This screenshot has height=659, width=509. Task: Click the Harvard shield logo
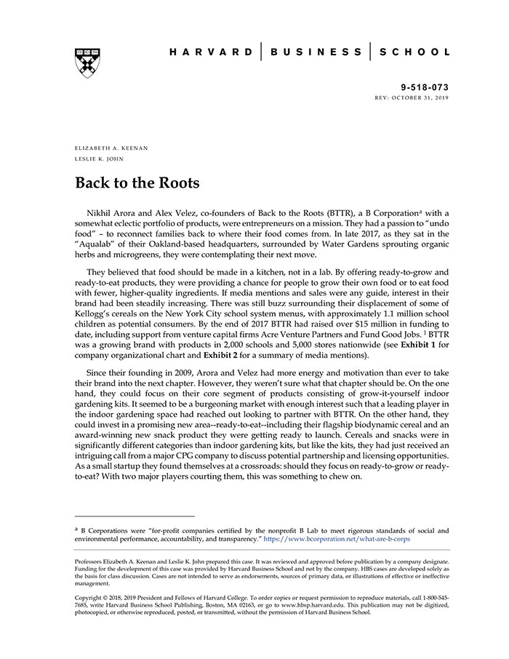pos(87,63)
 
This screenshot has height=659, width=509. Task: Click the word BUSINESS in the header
pos(316,52)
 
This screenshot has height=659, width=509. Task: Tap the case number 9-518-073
pos(425,86)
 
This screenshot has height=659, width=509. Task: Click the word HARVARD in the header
pos(211,52)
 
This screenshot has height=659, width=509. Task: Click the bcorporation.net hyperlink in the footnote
pos(338,541)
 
